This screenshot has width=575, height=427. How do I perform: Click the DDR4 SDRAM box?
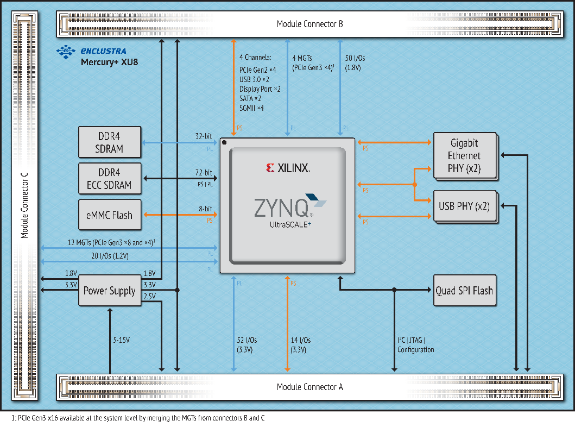coord(110,142)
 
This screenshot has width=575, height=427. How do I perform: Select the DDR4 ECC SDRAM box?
coord(110,178)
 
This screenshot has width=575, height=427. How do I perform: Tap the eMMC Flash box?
coord(110,215)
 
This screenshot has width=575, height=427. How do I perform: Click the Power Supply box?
coord(110,291)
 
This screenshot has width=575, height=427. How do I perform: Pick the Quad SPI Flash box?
coord(464,291)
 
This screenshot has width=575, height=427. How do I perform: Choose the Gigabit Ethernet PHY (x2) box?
coord(464,155)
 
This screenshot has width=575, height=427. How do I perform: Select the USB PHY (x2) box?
coord(464,206)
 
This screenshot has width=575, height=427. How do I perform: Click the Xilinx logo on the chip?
coord(288,168)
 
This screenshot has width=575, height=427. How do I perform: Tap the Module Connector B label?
coord(309,24)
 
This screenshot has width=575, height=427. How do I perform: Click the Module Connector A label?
coord(309,387)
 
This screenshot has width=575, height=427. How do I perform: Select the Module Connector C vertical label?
coord(24,205)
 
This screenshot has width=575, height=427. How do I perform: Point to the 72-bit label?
coord(204,172)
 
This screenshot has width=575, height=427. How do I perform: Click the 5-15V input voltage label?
coord(121,340)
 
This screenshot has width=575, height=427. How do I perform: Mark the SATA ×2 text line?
coord(250,98)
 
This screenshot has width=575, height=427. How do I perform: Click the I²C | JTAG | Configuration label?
coord(415,345)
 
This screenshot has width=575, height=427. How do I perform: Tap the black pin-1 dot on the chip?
coord(224,143)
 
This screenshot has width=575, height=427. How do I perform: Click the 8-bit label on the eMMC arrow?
coord(205,209)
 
